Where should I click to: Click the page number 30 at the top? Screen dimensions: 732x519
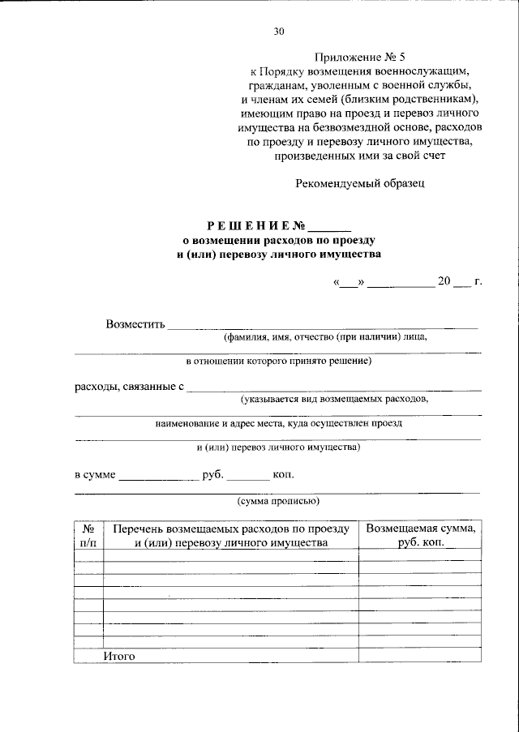click(279, 32)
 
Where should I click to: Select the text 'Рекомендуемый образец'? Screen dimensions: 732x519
click(359, 183)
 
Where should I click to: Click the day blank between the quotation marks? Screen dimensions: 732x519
click(350, 284)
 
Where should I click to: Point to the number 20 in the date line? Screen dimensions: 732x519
click(444, 282)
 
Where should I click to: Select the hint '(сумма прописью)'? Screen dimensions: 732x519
click(278, 501)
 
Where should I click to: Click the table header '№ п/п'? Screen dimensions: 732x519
click(88, 535)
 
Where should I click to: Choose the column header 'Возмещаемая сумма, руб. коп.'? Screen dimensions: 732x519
click(420, 535)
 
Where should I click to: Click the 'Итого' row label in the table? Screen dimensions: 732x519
click(119, 655)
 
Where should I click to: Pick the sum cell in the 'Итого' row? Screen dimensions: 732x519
click(420, 655)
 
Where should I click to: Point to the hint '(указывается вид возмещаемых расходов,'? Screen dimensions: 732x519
click(334, 400)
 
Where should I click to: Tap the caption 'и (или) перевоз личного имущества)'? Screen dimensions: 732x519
click(278, 447)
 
